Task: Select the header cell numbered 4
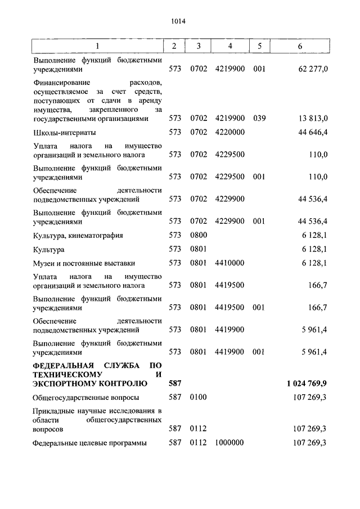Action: [229, 46]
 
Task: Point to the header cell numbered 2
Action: [174, 46]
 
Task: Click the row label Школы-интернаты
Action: [64, 133]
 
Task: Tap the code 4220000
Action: [229, 133]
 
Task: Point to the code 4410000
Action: [229, 263]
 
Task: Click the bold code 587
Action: [175, 384]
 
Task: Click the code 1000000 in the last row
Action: [229, 443]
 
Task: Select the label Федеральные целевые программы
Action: [89, 443]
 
